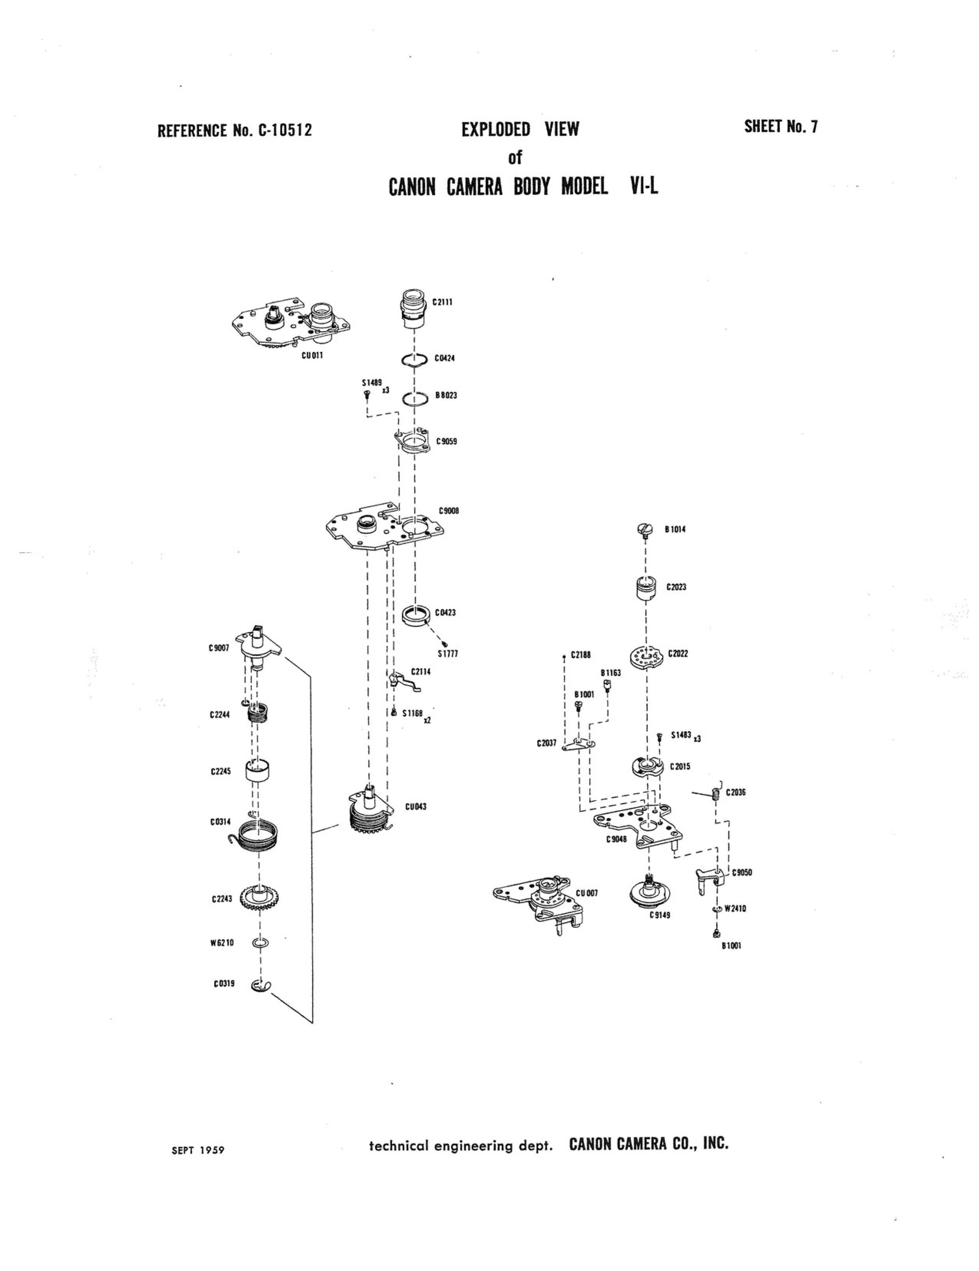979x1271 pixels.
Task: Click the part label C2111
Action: tap(443, 302)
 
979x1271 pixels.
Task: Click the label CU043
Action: tap(416, 807)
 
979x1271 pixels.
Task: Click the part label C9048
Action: tap(616, 840)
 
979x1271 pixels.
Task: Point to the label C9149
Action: tap(660, 915)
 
